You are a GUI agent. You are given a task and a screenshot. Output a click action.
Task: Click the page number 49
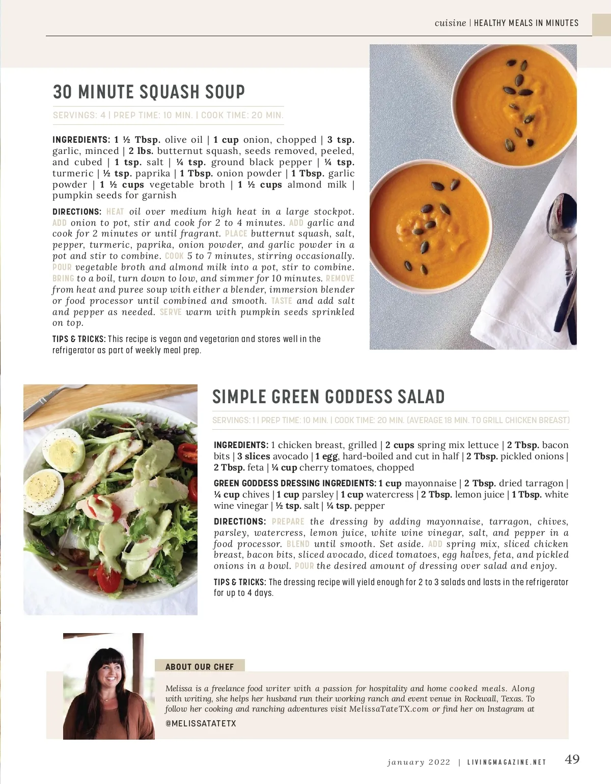pos(572,760)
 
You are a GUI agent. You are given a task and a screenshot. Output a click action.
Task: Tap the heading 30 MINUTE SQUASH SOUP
pos(149,92)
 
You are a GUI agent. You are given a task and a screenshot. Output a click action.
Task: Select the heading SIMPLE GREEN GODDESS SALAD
pos(328,397)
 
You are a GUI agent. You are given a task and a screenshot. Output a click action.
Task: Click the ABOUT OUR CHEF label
pos(200,667)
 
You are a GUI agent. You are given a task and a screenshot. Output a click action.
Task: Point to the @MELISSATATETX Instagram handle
pos(201,723)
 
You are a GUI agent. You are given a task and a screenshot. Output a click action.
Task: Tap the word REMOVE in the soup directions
pos(340,279)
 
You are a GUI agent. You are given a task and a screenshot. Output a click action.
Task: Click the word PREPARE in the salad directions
pos(288,522)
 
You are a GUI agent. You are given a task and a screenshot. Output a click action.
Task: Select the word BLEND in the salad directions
pos(298,544)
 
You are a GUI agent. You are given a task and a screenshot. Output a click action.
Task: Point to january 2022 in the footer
pos(419,763)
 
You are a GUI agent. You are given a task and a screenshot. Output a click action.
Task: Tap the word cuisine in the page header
pos(450,23)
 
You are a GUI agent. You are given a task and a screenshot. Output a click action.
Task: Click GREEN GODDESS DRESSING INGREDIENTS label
pos(295,483)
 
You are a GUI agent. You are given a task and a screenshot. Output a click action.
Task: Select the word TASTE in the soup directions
pos(282,301)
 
